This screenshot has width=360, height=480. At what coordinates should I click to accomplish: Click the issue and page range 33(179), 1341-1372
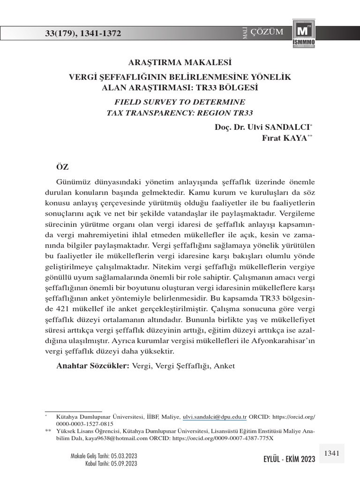coord(82,33)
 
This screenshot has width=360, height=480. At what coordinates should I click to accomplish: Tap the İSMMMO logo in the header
coord(303,34)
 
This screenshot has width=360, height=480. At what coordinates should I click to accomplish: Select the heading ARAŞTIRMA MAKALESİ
coord(180,61)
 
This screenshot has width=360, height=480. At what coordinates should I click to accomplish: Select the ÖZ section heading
coord(63,166)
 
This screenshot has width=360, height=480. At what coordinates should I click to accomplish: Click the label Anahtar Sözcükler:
coord(93,366)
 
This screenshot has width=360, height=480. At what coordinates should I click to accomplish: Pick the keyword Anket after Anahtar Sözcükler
coord(224,366)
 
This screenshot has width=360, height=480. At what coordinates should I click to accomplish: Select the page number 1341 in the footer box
coord(331,453)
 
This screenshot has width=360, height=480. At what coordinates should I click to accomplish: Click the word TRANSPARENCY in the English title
coord(151,112)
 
